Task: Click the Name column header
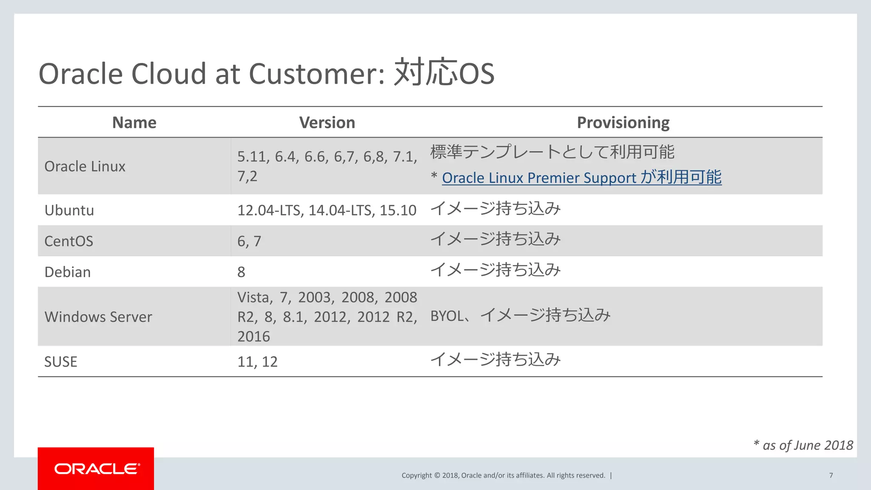click(x=134, y=122)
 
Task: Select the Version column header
click(x=327, y=122)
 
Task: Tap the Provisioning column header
click(x=623, y=122)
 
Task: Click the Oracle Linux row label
click(x=85, y=166)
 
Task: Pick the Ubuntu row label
click(x=69, y=210)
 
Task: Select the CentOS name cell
click(x=68, y=241)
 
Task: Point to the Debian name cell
click(x=67, y=272)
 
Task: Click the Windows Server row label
click(x=98, y=317)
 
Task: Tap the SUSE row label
click(x=61, y=362)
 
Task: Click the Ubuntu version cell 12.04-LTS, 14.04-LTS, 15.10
click(x=326, y=210)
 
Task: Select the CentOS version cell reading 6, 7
click(x=249, y=241)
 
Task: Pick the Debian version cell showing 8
click(x=241, y=272)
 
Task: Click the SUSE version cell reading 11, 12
click(x=257, y=362)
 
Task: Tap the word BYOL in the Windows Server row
click(x=447, y=316)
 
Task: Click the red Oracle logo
click(x=96, y=469)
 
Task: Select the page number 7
click(x=831, y=475)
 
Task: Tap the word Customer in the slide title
click(x=316, y=74)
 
